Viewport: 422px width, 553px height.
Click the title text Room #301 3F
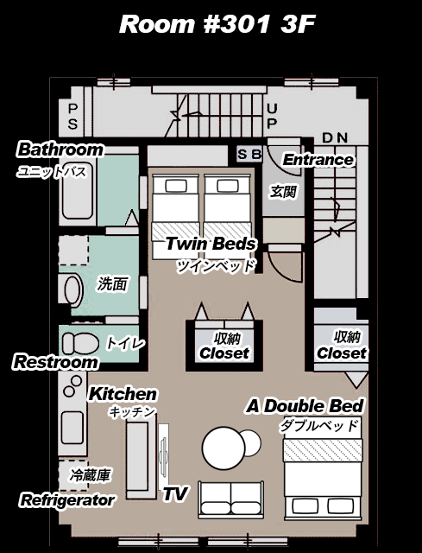click(x=217, y=24)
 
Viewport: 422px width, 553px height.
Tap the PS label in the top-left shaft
click(x=72, y=117)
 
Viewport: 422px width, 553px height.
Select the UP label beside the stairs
click(x=272, y=115)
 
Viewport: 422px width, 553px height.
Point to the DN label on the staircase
click(x=335, y=137)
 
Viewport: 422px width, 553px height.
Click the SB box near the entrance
click(x=249, y=154)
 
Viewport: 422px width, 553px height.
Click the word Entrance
click(x=318, y=160)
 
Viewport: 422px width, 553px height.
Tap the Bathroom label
click(x=60, y=149)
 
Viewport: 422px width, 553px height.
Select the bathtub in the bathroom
click(x=78, y=191)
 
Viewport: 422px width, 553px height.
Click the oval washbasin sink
click(x=72, y=290)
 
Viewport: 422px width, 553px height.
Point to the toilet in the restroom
click(x=80, y=344)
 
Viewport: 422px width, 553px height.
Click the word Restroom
click(x=55, y=362)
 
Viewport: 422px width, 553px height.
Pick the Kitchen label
click(x=123, y=394)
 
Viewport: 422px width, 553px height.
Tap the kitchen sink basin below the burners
click(x=72, y=428)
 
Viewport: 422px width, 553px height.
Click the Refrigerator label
click(x=67, y=500)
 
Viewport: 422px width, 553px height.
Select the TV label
click(x=175, y=493)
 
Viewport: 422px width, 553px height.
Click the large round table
click(x=224, y=448)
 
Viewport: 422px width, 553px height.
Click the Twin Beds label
click(x=211, y=244)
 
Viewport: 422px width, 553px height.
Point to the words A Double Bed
click(x=305, y=406)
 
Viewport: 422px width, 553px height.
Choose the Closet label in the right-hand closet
click(x=342, y=353)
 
